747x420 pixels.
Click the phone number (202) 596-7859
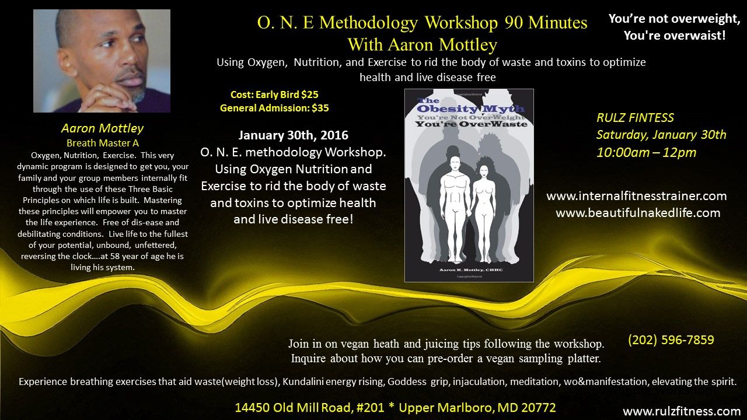[x=671, y=340]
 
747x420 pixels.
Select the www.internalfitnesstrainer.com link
[x=636, y=195]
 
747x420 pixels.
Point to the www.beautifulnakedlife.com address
[x=638, y=213]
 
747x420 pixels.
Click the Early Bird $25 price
[x=287, y=94]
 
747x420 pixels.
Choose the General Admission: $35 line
[x=274, y=108]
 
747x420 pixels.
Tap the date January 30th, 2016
[x=293, y=135]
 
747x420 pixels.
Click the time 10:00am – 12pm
[x=646, y=153]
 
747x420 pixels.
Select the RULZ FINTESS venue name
[x=635, y=118]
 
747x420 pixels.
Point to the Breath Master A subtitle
[x=102, y=143]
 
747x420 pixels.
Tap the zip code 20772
[x=539, y=407]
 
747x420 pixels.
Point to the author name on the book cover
[x=470, y=269]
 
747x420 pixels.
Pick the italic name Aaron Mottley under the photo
[x=102, y=128]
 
